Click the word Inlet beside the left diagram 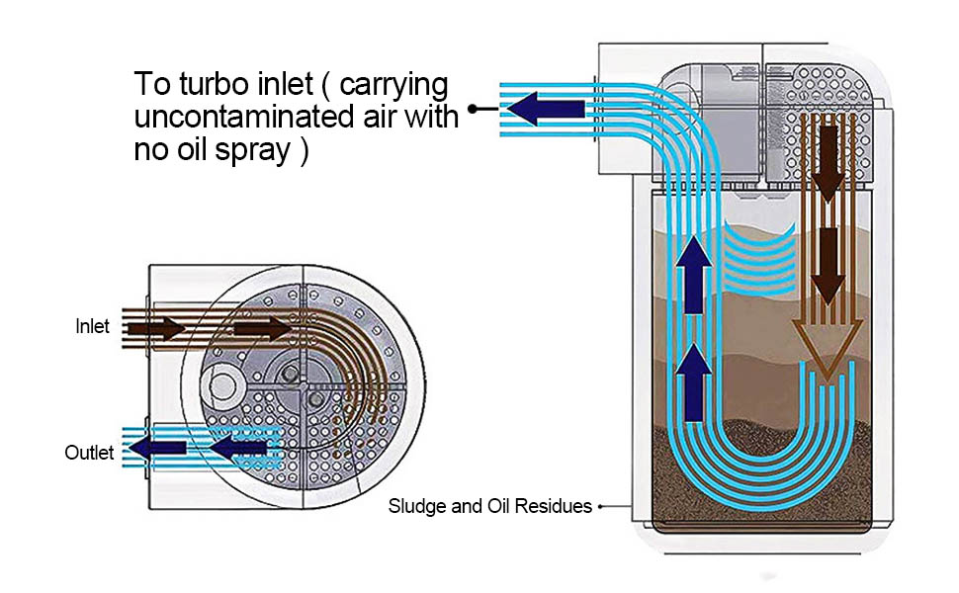92,325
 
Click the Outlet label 89,453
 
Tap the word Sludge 414,506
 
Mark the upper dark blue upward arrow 694,277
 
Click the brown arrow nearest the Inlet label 157,326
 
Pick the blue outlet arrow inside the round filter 241,448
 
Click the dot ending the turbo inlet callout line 474,109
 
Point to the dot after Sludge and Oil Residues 600,506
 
